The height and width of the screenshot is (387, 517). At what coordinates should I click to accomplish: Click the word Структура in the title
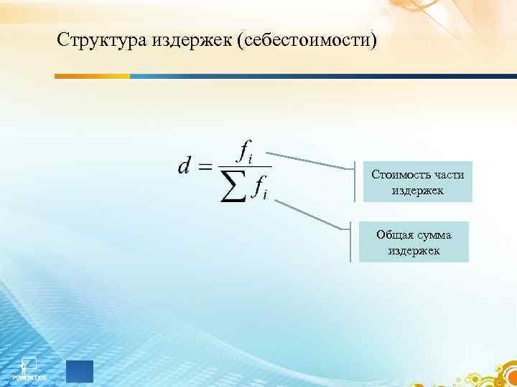coord(103,39)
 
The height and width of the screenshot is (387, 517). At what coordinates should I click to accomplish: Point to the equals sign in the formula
coord(205,168)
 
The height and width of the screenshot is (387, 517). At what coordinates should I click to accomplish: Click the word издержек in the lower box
coord(413,252)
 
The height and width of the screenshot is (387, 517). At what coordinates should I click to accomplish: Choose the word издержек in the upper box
coord(418,191)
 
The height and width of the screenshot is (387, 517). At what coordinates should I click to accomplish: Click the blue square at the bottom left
coord(79,371)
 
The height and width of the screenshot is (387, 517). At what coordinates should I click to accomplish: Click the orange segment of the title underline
coord(93,75)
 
